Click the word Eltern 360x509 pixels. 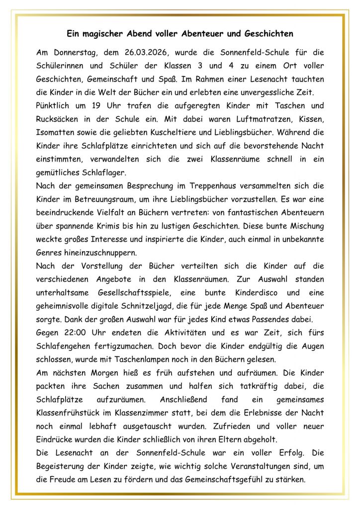pos(235,440)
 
